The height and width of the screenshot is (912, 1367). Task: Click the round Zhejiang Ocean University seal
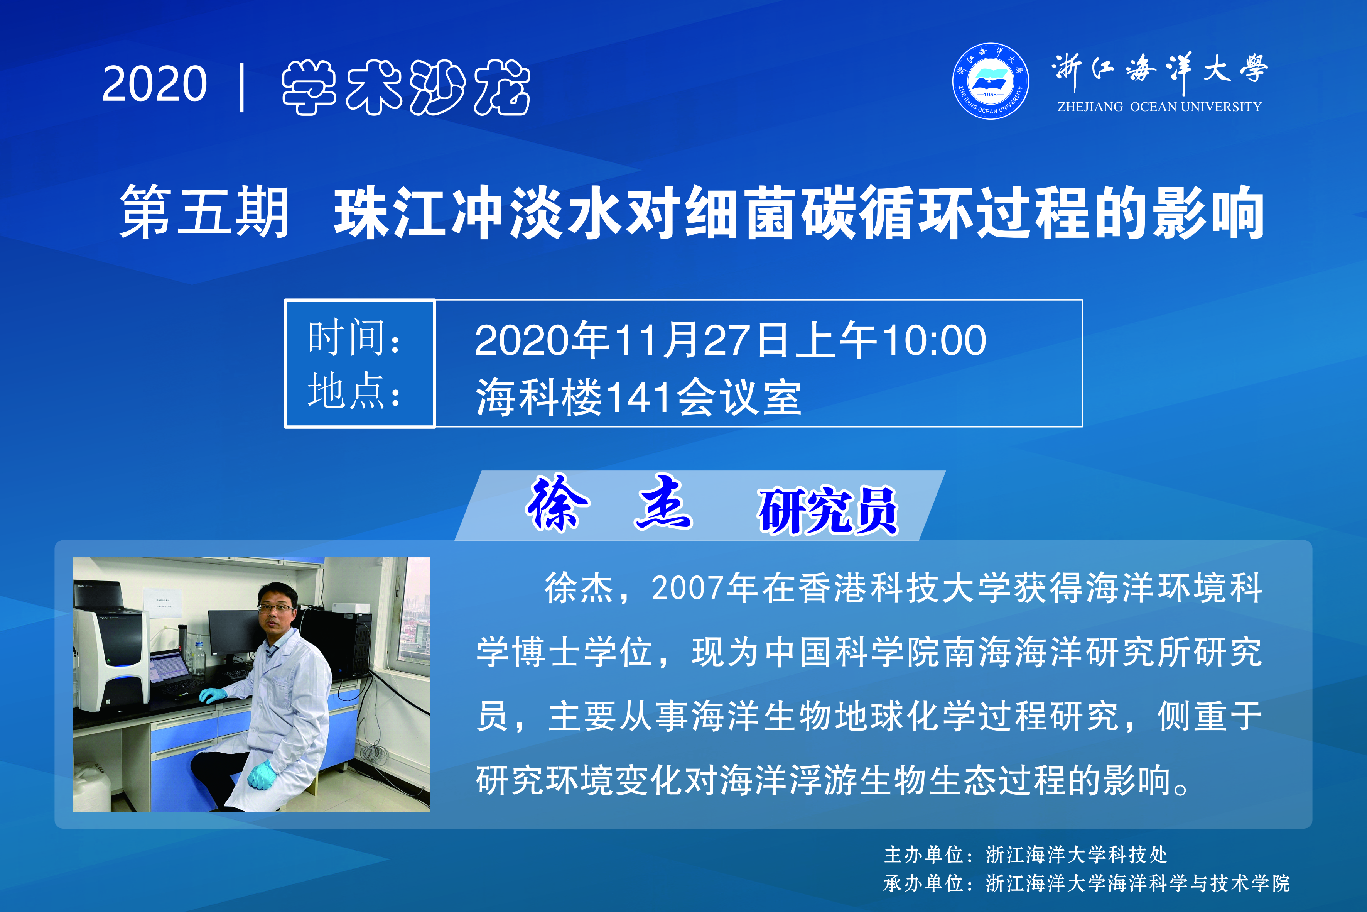coord(991,81)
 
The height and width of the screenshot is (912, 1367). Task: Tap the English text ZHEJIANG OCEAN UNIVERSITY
coord(1159,107)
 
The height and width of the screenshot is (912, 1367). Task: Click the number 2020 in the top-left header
coord(155,84)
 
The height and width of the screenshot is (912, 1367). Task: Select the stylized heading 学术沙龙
coord(406,87)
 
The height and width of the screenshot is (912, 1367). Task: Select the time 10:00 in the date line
coord(934,340)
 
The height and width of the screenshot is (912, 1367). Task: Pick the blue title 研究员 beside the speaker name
coord(828,510)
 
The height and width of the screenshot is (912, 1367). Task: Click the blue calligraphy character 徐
coord(557,503)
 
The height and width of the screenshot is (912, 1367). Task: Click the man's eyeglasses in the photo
coord(276,608)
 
